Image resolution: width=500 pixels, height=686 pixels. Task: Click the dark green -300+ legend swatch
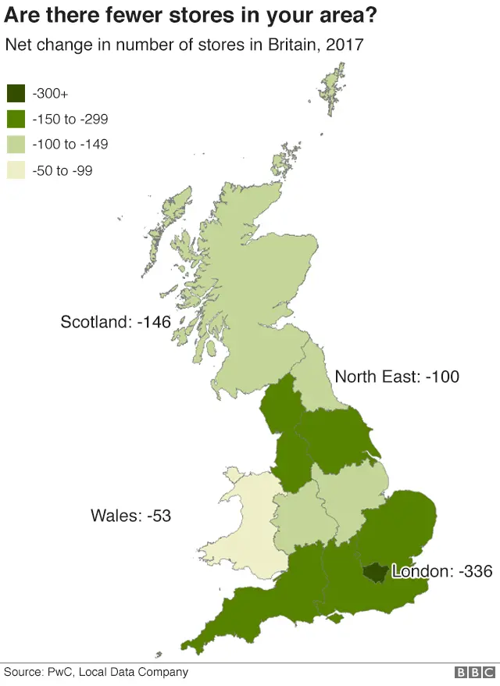coord(16,94)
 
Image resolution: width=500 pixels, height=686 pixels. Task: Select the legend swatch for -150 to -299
coord(16,120)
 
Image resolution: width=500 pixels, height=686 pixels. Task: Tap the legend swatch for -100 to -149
coord(16,145)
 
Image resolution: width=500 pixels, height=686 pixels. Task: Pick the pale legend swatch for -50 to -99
coord(16,170)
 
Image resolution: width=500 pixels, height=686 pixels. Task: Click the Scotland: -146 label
coord(116,321)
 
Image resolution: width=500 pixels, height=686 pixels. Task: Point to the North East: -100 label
coord(397,377)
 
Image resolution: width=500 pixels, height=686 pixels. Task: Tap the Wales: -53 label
coord(130,516)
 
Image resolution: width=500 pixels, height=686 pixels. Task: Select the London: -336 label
coord(442,571)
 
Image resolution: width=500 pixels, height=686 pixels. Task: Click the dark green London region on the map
coord(374,573)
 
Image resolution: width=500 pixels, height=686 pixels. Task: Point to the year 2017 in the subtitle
coord(344,45)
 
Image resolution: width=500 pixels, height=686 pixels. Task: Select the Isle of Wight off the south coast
coord(336,619)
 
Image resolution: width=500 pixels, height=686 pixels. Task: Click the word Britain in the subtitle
coord(293,45)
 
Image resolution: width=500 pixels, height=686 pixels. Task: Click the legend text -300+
coord(50,94)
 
